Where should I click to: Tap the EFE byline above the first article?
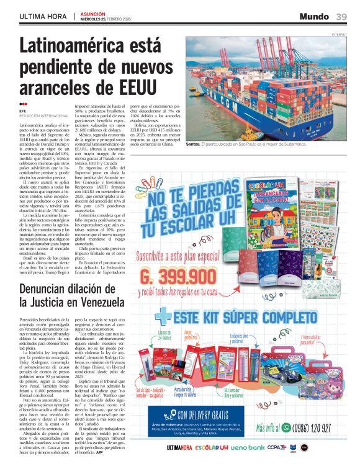(x=22, y=110)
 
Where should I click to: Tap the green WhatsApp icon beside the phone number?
(x=286, y=427)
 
